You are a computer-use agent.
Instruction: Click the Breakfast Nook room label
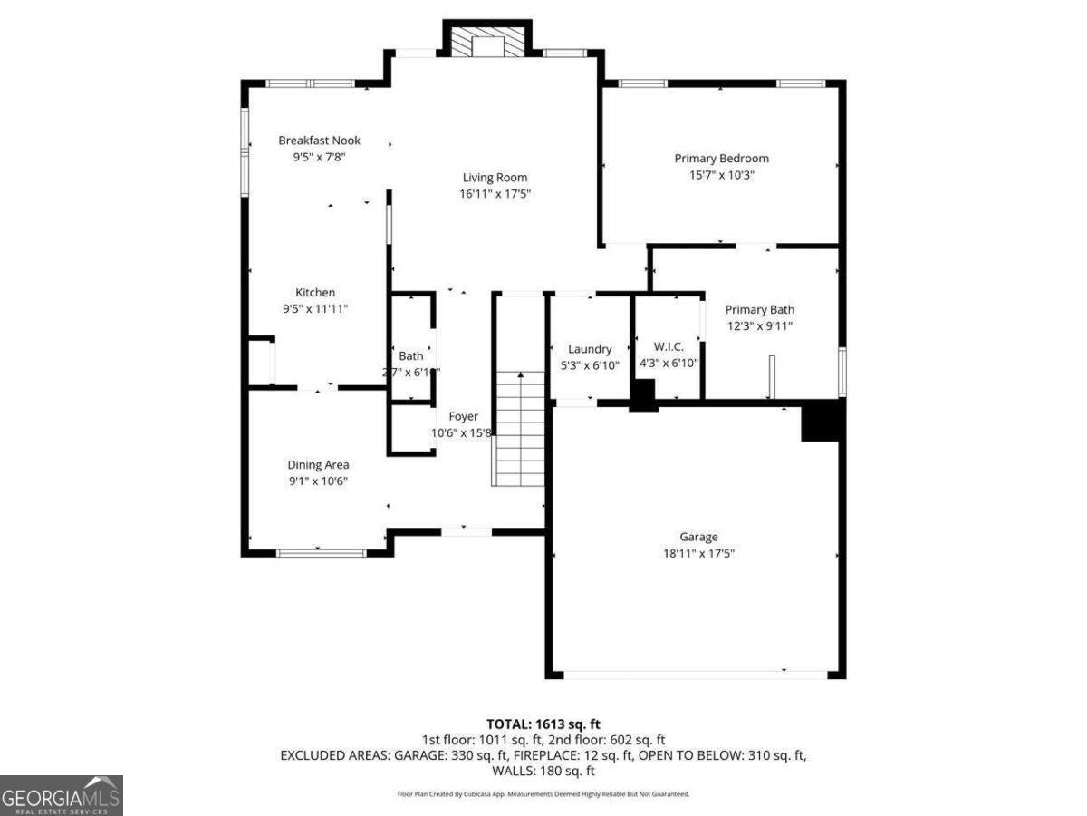(319, 141)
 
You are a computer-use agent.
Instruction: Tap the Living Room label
(495, 178)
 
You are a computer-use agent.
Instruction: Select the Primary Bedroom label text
(721, 159)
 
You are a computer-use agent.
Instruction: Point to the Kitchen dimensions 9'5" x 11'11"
(315, 309)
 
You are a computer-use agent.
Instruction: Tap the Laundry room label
(590, 349)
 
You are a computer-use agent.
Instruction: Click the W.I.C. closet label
(668, 347)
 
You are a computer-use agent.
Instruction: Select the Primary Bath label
(759, 310)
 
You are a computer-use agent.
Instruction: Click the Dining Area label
(318, 465)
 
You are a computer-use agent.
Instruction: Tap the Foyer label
(463, 417)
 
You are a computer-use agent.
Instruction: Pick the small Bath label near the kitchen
(410, 356)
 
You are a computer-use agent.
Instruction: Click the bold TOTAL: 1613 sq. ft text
(543, 724)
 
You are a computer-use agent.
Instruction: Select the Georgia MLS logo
(61, 795)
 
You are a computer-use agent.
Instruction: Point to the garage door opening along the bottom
(695, 675)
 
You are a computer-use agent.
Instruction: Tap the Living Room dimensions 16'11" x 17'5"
(495, 194)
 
